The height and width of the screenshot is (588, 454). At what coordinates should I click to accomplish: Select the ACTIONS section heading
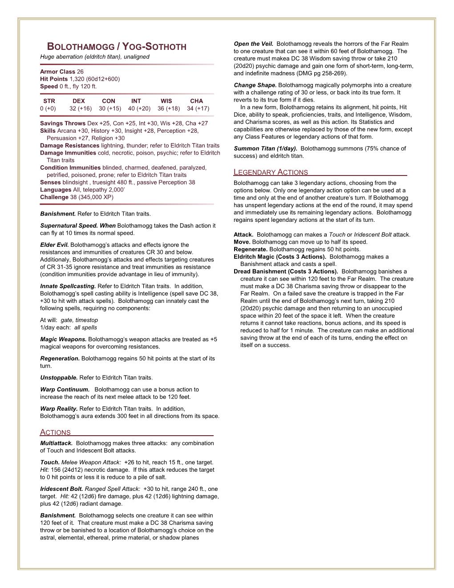pos(56,432)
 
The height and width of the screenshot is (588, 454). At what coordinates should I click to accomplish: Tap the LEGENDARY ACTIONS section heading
pos(271,172)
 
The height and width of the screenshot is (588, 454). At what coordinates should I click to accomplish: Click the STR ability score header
pos(49,101)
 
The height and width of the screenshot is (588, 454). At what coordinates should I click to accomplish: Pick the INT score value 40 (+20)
pos(139,108)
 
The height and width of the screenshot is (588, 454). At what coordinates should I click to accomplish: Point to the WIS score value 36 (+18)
pos(169,108)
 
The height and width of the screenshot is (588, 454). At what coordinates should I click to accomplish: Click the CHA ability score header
pos(196,101)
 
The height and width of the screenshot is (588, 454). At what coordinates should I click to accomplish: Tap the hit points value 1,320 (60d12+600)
pos(94,79)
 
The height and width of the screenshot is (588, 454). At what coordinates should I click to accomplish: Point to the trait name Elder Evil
pos(54,245)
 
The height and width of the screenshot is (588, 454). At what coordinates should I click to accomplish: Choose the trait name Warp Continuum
pos(65,389)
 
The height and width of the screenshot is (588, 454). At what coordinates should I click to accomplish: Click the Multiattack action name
pos(57,443)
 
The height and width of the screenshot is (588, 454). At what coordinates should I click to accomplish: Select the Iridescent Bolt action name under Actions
pos(61,489)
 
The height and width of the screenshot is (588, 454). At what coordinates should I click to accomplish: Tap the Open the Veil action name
pos(253,44)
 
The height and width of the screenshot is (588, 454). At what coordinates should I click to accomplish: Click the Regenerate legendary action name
pos(250,249)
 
